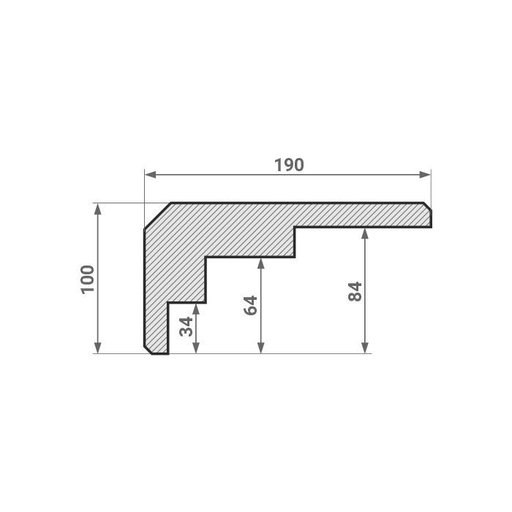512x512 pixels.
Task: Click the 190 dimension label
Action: click(x=289, y=165)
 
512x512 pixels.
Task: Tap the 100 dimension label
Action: click(x=88, y=279)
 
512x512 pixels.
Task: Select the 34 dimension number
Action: click(x=187, y=326)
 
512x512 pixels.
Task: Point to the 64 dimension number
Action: click(x=251, y=305)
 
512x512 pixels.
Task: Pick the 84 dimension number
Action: click(x=355, y=291)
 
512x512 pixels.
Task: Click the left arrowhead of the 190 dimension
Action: click(x=150, y=175)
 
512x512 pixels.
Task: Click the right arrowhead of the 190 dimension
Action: click(x=425, y=175)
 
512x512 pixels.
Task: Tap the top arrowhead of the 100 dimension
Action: click(x=97, y=209)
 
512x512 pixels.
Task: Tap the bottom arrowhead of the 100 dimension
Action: click(x=97, y=347)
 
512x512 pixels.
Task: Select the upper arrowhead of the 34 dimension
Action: click(x=196, y=309)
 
